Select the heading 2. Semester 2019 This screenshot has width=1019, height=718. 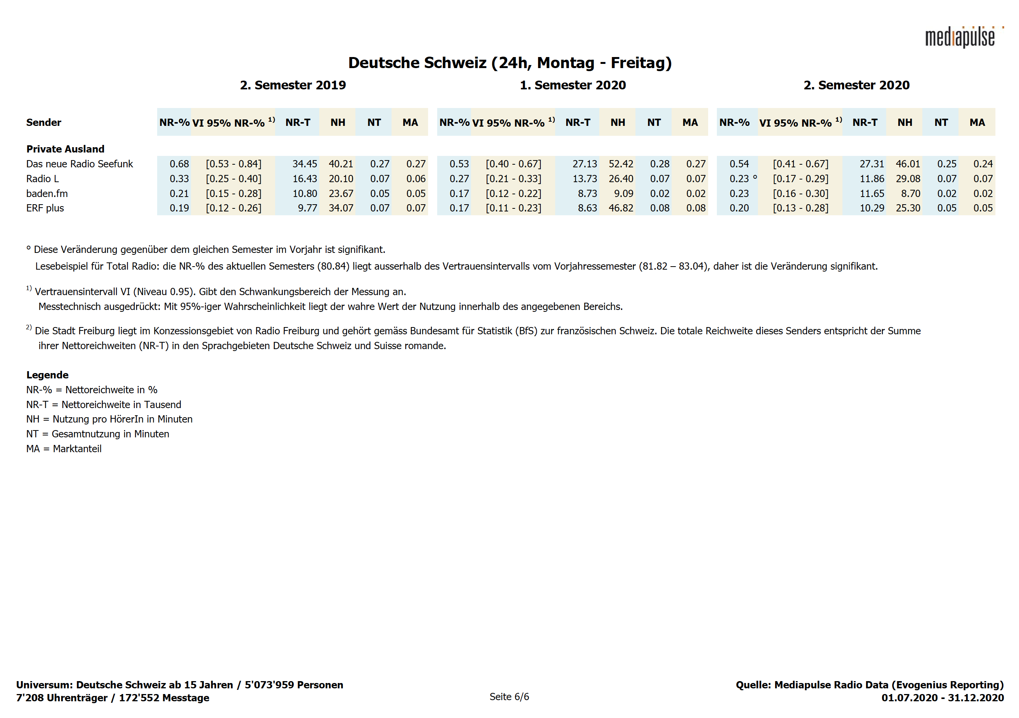(x=293, y=85)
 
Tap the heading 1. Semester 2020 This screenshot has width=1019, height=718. (x=573, y=85)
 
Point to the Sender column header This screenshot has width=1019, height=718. (x=43, y=122)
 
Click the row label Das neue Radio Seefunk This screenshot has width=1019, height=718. (x=80, y=164)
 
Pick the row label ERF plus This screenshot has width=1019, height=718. (x=45, y=208)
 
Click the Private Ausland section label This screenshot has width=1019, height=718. (x=65, y=149)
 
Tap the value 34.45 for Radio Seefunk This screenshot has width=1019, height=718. (x=304, y=164)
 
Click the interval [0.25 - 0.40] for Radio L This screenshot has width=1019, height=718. (x=234, y=179)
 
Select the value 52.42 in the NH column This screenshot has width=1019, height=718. (x=621, y=164)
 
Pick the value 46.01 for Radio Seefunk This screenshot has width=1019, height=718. (x=908, y=164)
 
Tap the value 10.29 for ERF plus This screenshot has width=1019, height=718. (x=872, y=208)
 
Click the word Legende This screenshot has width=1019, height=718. (x=47, y=375)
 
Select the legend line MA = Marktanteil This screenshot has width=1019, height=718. (x=64, y=449)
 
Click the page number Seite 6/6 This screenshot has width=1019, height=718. (x=509, y=697)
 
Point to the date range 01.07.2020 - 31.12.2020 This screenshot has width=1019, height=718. (x=942, y=698)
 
